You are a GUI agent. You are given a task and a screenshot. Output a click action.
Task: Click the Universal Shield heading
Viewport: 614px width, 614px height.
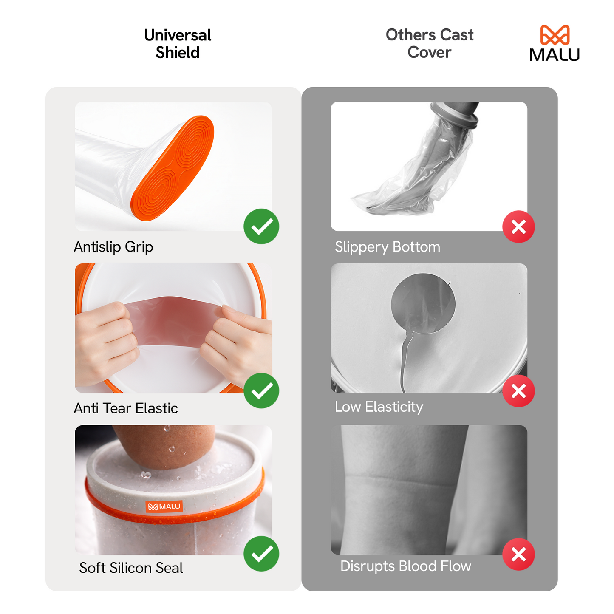pyautogui.click(x=178, y=44)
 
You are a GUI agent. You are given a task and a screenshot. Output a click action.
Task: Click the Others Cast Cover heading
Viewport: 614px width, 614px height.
pyautogui.click(x=429, y=43)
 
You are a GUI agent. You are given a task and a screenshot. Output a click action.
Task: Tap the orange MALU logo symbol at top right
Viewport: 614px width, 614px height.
pyautogui.click(x=555, y=35)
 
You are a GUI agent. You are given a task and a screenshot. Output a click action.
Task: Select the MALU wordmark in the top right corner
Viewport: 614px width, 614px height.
pyautogui.click(x=555, y=55)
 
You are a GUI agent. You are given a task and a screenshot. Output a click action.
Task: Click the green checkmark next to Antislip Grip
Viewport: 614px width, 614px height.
pyautogui.click(x=261, y=226)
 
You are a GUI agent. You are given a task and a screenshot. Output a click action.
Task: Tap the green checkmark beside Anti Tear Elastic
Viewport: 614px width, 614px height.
pyautogui.click(x=261, y=391)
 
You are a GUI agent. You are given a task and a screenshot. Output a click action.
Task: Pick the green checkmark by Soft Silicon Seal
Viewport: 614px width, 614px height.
pyautogui.click(x=261, y=554)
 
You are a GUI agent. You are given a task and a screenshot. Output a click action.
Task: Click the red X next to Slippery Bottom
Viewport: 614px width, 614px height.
pyautogui.click(x=518, y=227)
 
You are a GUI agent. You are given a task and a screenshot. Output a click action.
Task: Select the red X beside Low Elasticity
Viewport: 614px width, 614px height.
pyautogui.click(x=518, y=391)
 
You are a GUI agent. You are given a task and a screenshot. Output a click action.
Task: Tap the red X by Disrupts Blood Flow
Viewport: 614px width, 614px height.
pyautogui.click(x=518, y=554)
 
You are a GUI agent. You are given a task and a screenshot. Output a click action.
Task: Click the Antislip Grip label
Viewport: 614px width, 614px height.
pyautogui.click(x=113, y=247)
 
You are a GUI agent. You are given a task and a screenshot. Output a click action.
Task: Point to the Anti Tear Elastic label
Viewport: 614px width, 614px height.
pyautogui.click(x=126, y=408)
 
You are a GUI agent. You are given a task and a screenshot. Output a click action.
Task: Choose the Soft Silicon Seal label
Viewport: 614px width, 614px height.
pyautogui.click(x=131, y=568)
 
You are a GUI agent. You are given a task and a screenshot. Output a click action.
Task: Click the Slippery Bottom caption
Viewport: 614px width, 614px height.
pyautogui.click(x=387, y=247)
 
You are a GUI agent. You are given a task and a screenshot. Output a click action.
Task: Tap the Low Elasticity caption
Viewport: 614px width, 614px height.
pyautogui.click(x=379, y=407)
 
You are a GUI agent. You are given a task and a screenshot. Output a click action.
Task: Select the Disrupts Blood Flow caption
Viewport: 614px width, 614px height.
pyautogui.click(x=405, y=566)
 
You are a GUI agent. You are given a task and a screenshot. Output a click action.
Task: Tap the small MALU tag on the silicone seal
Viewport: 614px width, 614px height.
pyautogui.click(x=164, y=506)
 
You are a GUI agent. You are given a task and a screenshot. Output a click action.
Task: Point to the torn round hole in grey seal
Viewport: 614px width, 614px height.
pyautogui.click(x=423, y=304)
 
